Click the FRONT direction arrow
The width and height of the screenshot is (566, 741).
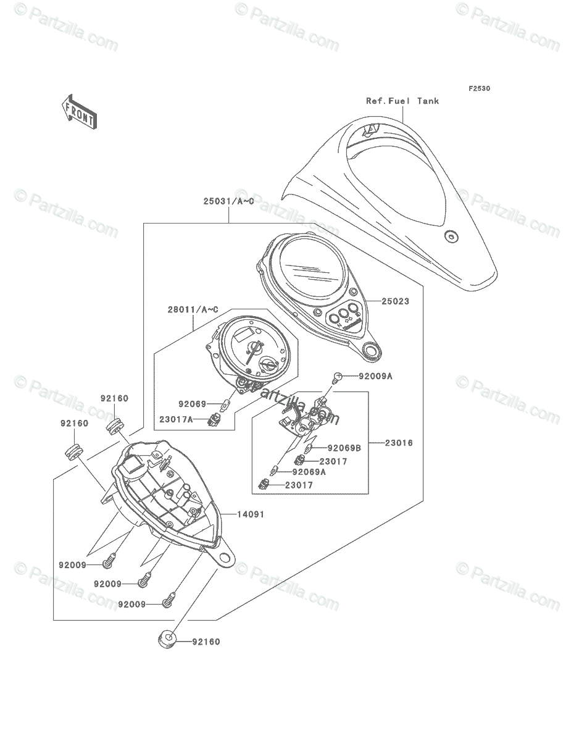pos(78,111)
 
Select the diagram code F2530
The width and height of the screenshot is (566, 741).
pos(478,89)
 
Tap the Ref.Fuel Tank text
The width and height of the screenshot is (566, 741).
pos(402,101)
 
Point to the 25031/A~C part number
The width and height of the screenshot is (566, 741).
pos(228,201)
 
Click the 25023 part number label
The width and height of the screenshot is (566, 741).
pos(395,302)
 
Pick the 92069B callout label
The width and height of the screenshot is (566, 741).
pos(344,448)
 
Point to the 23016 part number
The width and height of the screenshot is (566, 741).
pos(399,443)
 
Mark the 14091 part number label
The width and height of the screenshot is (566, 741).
pos(252,514)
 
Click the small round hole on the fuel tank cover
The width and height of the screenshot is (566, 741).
pos(451,235)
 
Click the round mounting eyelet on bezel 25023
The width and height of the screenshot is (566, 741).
pos(373,351)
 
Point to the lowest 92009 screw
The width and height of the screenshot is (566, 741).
pos(168,601)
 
